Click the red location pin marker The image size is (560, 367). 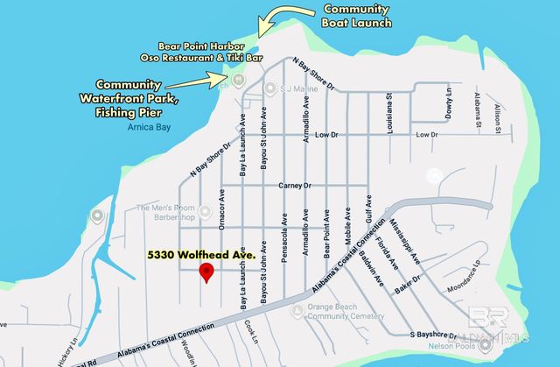206,272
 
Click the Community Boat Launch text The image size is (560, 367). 357,16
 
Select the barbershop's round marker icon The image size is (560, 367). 206,210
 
